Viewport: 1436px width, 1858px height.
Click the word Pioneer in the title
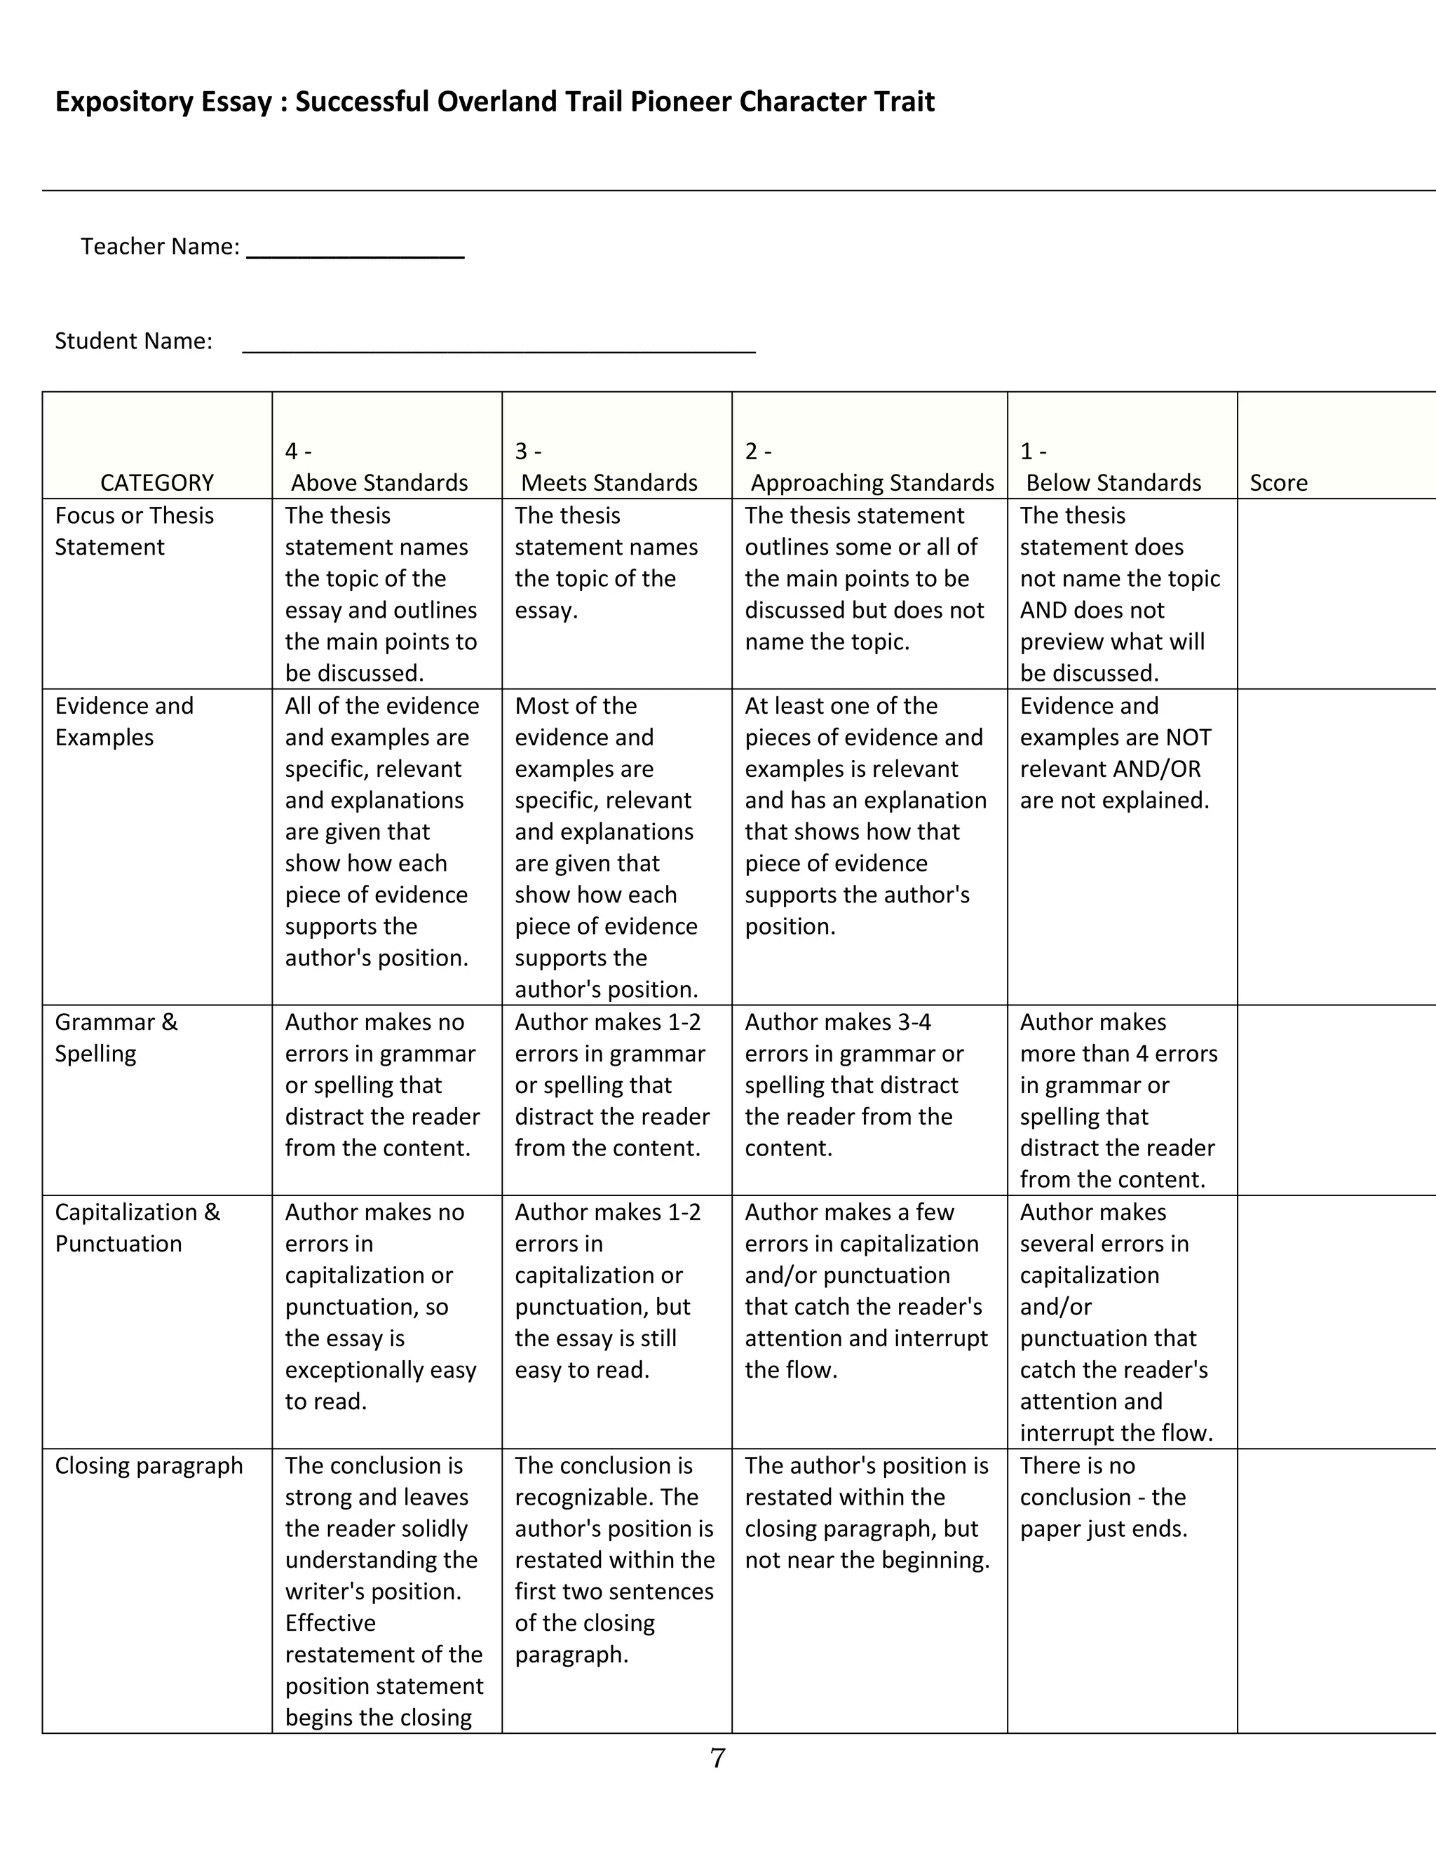681,102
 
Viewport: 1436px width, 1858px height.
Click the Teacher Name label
160,247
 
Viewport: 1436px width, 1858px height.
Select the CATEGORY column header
156,482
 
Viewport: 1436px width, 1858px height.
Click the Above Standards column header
379,482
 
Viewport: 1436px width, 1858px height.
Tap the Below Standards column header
1113,482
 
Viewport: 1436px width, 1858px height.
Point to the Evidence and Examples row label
124,721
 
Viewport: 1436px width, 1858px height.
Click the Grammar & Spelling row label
116,1037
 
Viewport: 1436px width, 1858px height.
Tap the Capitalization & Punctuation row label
137,1228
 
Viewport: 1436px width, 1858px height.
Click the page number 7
718,1758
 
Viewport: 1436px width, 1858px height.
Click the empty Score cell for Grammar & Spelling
1336,1100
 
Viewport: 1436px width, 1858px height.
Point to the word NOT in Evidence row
1188,738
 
